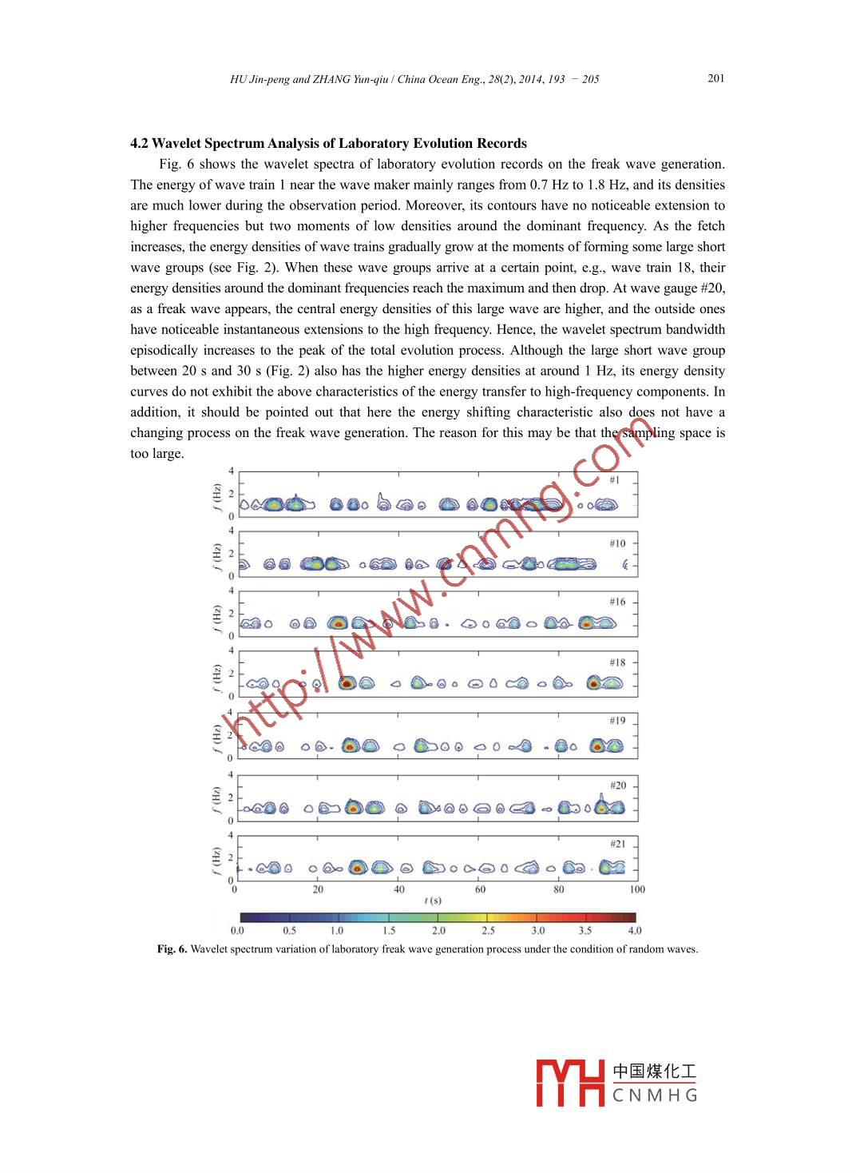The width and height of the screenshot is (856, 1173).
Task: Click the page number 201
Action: (x=715, y=78)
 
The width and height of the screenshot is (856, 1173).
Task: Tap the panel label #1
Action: (x=614, y=480)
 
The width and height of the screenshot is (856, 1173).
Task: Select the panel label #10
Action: (x=617, y=543)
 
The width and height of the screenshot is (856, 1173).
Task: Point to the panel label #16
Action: (x=617, y=602)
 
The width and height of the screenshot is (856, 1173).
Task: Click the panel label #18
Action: (x=617, y=662)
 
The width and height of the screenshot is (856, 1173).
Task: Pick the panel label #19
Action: (x=617, y=721)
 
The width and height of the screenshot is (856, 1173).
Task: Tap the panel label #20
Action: (x=617, y=785)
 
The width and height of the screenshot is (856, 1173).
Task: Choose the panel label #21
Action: (x=617, y=844)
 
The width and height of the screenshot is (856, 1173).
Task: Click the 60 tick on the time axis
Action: (x=480, y=889)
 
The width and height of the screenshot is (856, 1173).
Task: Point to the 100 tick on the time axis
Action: (x=636, y=889)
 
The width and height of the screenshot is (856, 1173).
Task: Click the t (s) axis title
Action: (x=432, y=901)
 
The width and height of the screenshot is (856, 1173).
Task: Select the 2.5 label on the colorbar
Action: (x=488, y=931)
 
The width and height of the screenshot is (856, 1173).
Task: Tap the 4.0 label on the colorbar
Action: (x=634, y=931)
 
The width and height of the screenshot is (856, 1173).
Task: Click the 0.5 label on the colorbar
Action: (x=289, y=931)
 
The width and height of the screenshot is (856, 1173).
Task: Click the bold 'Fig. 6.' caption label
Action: (x=172, y=949)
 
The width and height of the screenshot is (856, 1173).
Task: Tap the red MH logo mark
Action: (x=570, y=1083)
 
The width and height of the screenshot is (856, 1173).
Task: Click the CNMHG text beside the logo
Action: (x=655, y=1095)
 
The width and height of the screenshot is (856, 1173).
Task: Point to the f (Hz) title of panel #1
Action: (x=216, y=495)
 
